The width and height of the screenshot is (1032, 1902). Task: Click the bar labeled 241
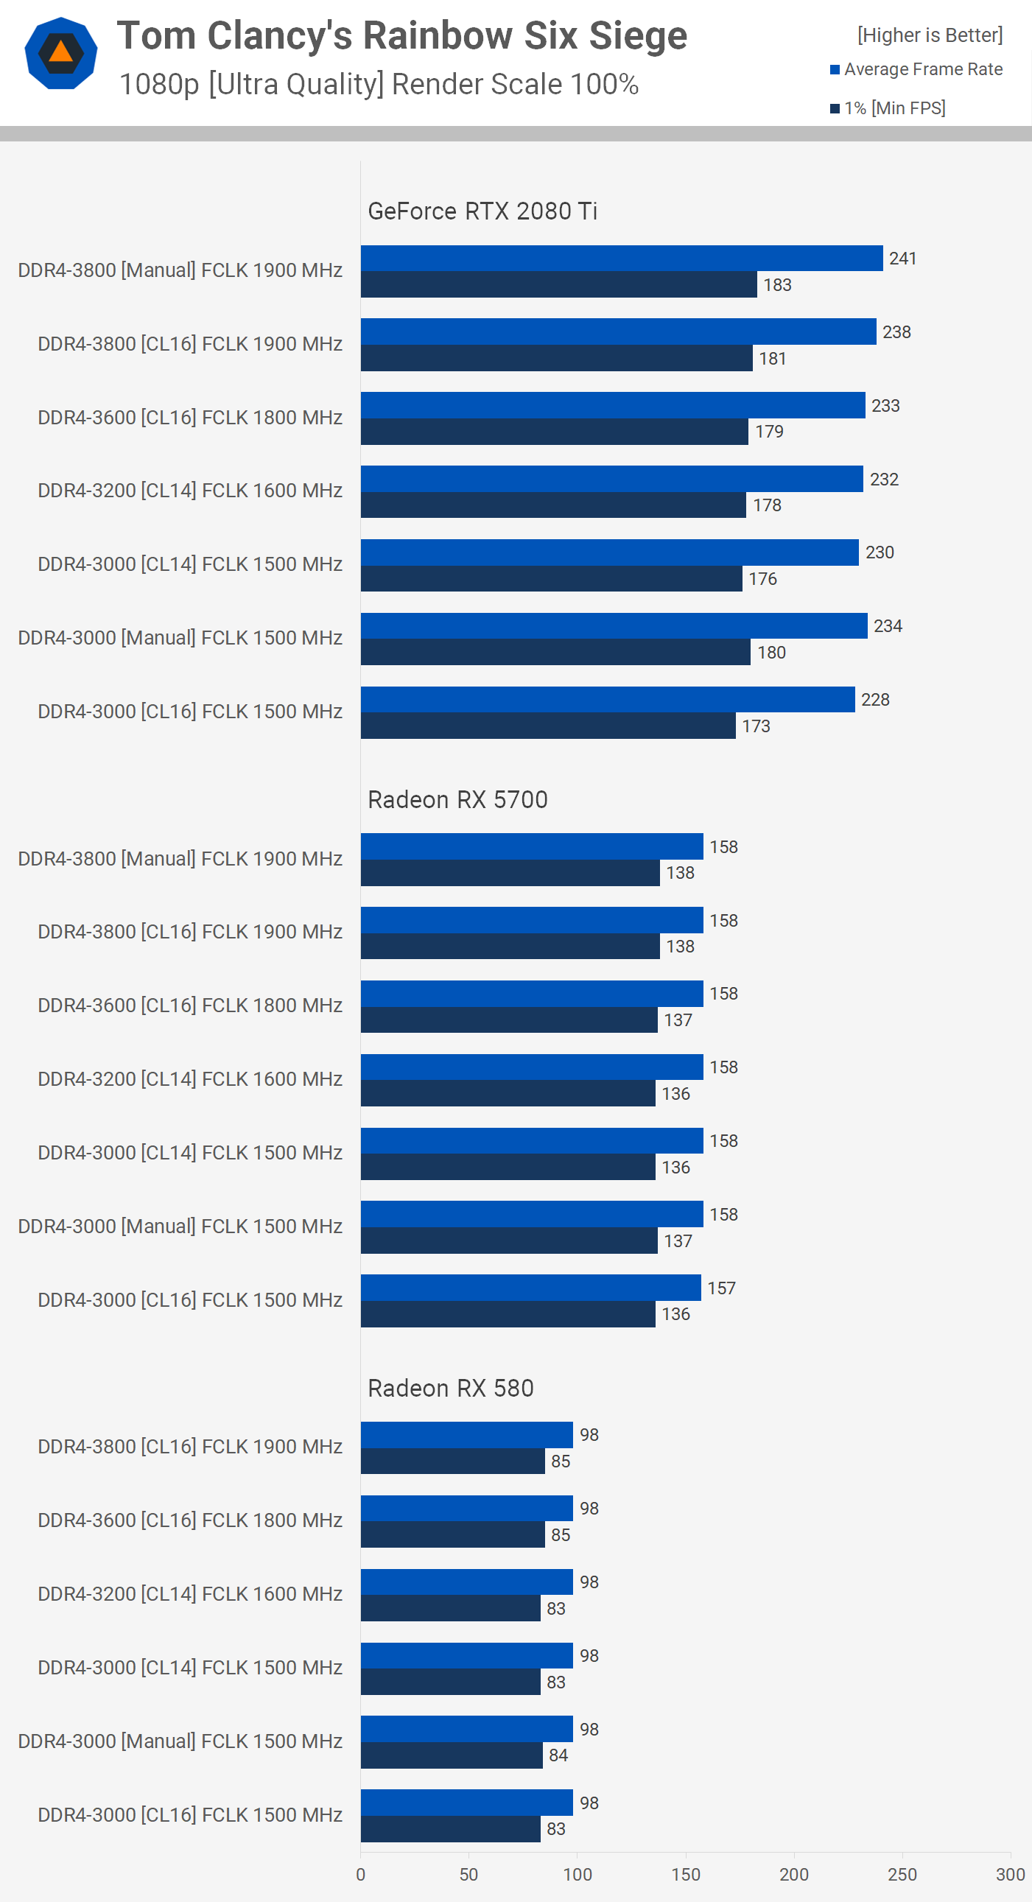pos(622,259)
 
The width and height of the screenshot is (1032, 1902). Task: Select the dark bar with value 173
pos(548,726)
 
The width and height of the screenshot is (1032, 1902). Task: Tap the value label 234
pos(888,626)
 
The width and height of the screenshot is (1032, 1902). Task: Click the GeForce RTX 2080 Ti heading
pos(482,211)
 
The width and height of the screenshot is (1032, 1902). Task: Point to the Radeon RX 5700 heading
pos(457,800)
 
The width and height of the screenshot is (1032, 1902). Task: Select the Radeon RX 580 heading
pos(450,1388)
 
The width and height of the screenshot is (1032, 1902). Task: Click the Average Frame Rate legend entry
pos(922,69)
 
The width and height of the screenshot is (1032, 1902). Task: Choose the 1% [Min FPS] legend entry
pos(894,108)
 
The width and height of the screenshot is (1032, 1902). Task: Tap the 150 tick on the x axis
pos(685,1874)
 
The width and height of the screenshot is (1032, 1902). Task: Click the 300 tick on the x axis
pos(1009,1874)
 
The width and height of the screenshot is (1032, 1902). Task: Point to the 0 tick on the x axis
pos(360,1874)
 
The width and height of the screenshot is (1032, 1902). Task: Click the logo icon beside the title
pos(60,53)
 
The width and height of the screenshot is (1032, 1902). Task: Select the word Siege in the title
pos(638,35)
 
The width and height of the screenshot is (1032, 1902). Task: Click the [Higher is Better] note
pos(930,35)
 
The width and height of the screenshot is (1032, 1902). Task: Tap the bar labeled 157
pos(530,1288)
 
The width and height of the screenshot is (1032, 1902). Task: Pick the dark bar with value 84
pos(451,1755)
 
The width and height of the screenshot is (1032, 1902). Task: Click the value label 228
pos(875,699)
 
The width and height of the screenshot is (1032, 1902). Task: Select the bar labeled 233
pos(613,405)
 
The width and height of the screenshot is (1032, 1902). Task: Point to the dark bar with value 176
pos(551,579)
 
